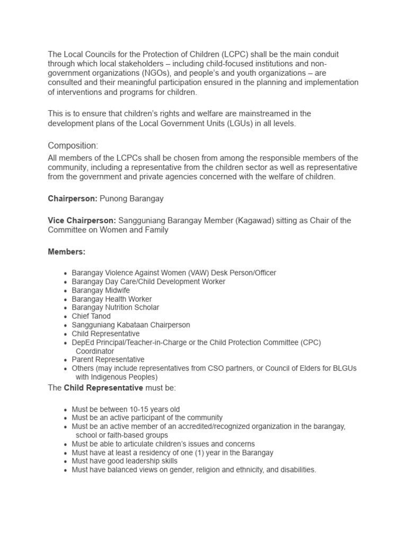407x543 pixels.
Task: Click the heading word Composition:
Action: [x=73, y=145]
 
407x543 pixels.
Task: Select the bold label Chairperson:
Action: [x=72, y=198]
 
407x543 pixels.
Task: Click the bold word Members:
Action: [x=66, y=252]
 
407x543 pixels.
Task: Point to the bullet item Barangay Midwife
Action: [x=101, y=291]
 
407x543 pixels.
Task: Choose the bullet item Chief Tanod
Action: [x=91, y=316]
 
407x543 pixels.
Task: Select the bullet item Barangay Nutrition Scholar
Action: [x=116, y=308]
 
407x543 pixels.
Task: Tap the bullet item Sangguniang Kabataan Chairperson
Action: [x=131, y=325]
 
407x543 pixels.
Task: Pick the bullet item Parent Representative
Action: [x=108, y=360]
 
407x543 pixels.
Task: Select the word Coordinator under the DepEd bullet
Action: [x=95, y=351]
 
